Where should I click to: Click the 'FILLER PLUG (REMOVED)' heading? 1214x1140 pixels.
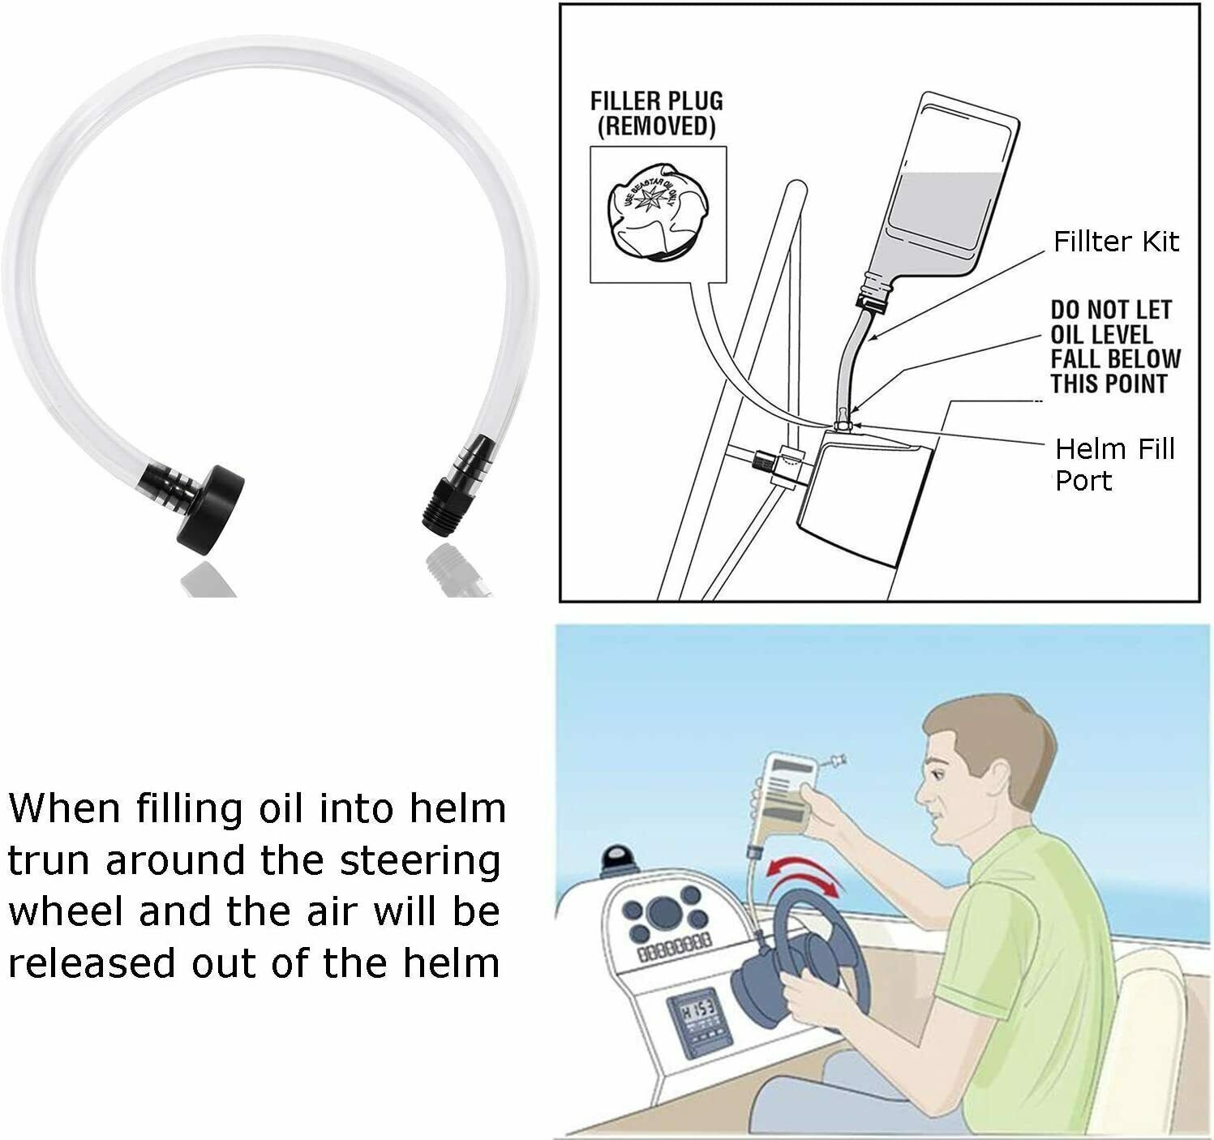[656, 114]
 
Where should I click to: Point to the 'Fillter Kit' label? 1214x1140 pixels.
[1115, 242]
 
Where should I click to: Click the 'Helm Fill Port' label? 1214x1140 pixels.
[1114, 465]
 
